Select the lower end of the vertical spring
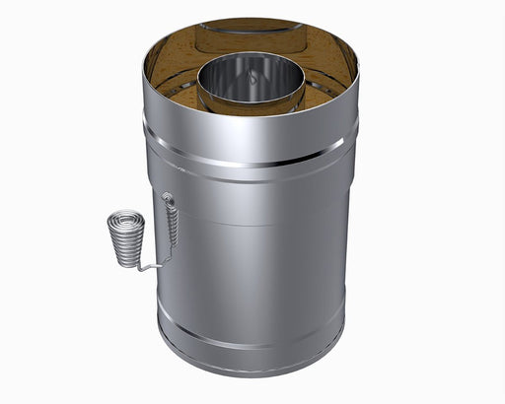point(172,248)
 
